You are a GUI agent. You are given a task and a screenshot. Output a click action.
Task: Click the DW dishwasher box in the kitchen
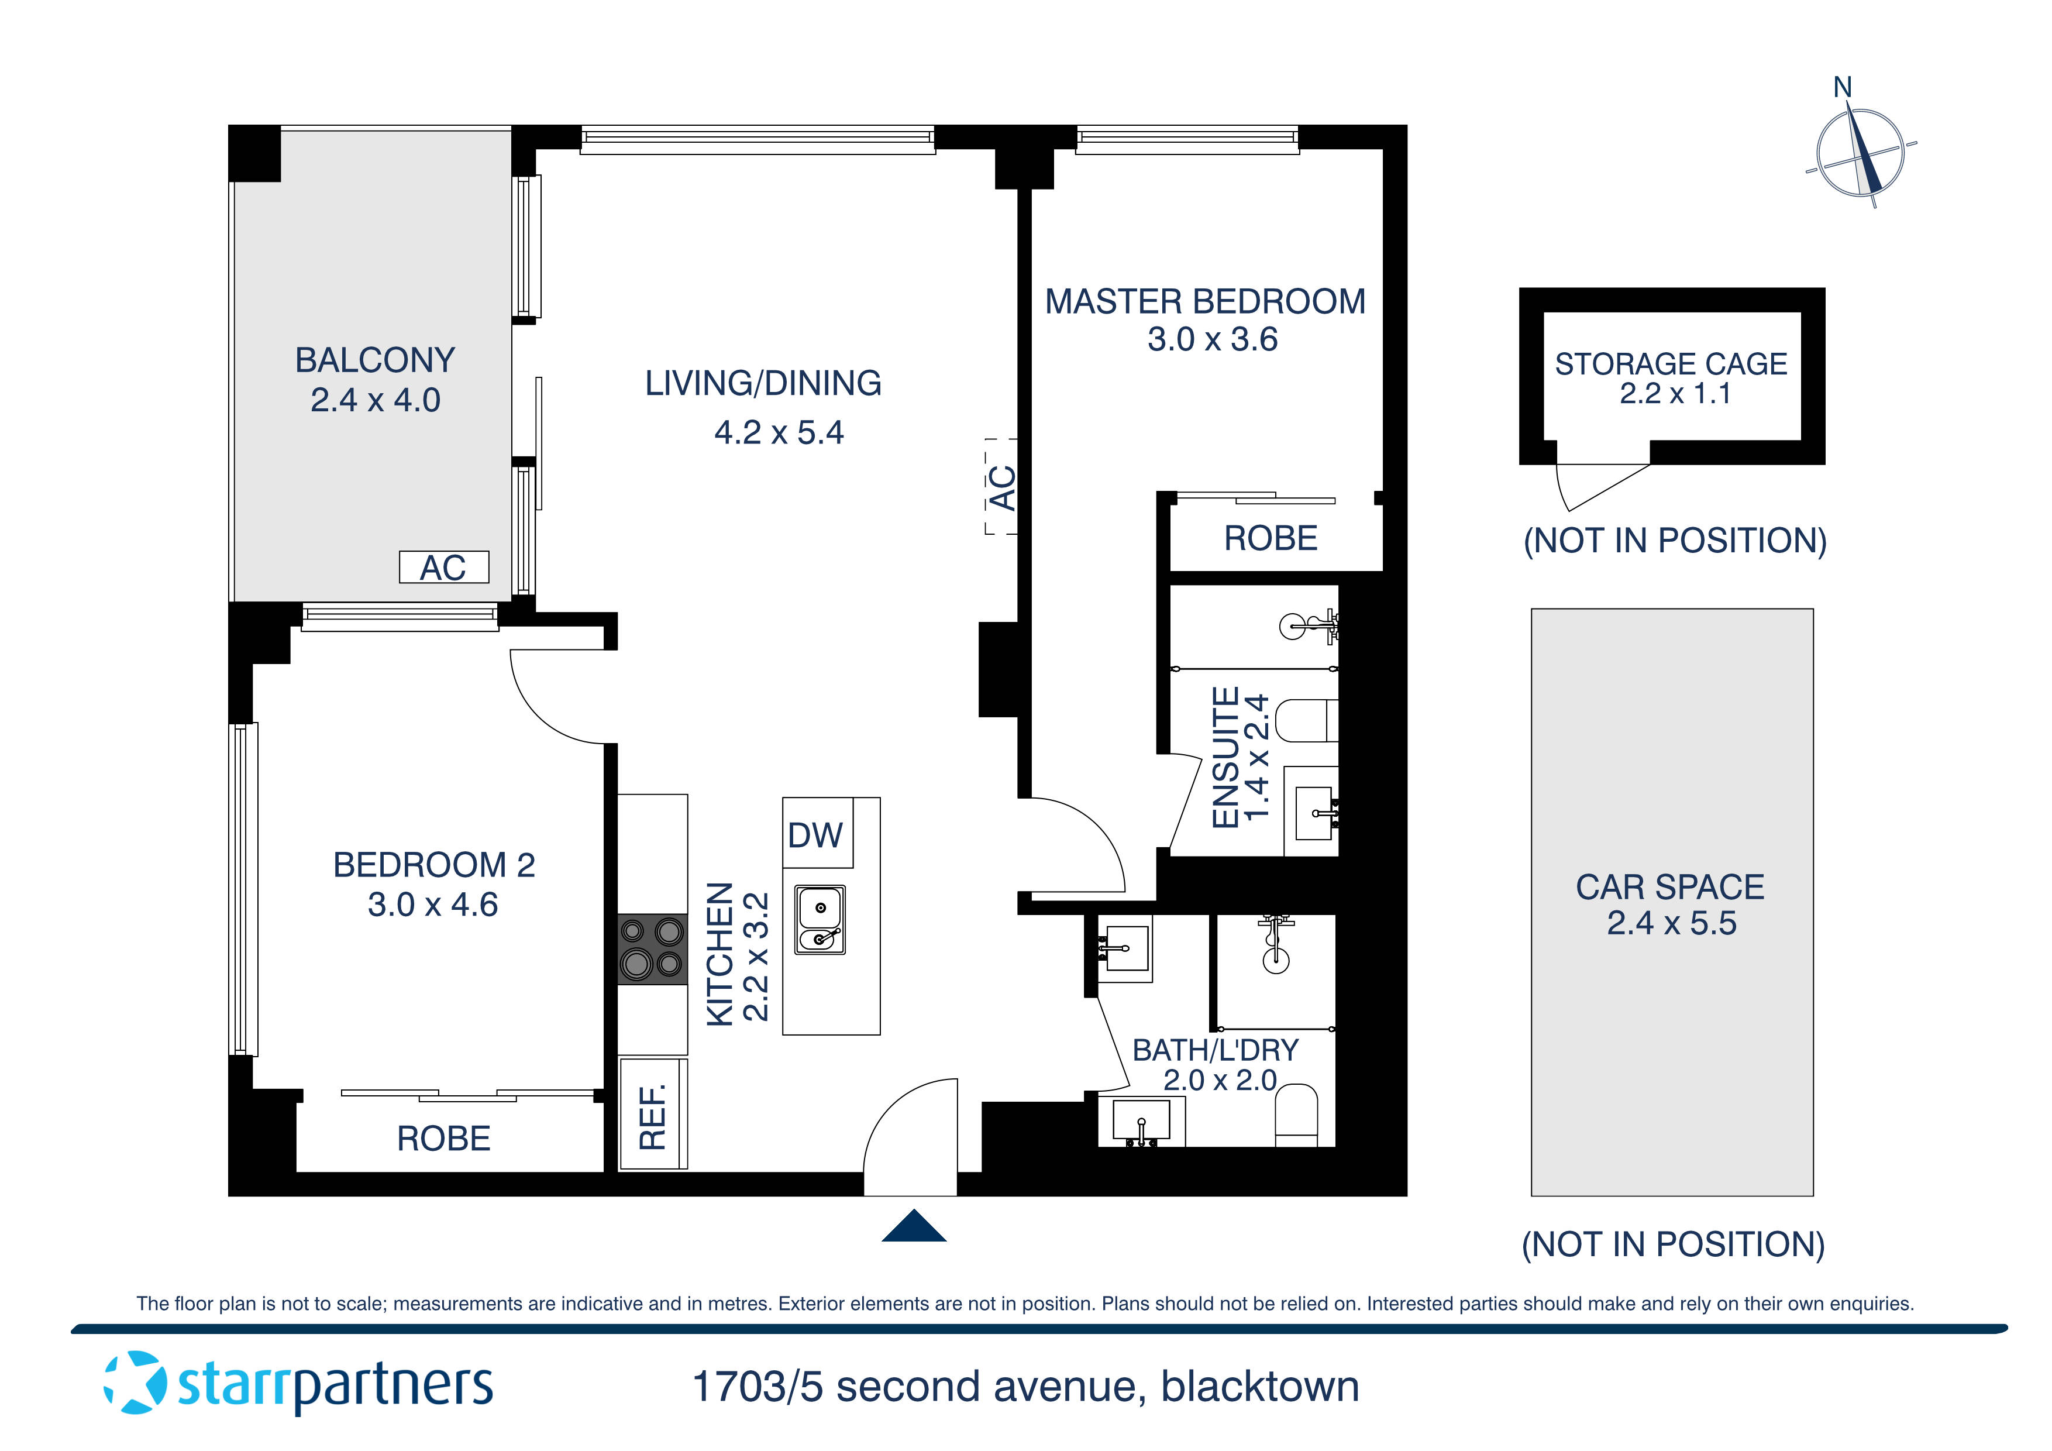(x=817, y=833)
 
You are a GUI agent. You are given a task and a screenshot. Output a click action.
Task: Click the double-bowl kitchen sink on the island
(x=820, y=920)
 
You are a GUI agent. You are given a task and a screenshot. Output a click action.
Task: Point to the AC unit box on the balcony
(x=443, y=567)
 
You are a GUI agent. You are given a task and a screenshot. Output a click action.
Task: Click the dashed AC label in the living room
(x=1002, y=487)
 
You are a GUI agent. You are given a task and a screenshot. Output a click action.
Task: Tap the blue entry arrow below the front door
(x=913, y=1226)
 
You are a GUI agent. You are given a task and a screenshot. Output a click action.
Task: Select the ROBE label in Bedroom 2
(x=443, y=1138)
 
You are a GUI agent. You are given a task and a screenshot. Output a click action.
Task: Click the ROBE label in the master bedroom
(x=1270, y=538)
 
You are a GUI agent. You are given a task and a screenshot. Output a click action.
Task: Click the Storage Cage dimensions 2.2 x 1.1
(x=1675, y=393)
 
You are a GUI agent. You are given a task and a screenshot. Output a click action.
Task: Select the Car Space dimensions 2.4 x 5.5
(x=1671, y=923)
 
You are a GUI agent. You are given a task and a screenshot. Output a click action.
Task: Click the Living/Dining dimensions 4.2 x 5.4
(x=779, y=433)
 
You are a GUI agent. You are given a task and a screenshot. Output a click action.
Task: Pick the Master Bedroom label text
(x=1205, y=302)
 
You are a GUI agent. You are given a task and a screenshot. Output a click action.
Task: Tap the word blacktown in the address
(x=1259, y=1387)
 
